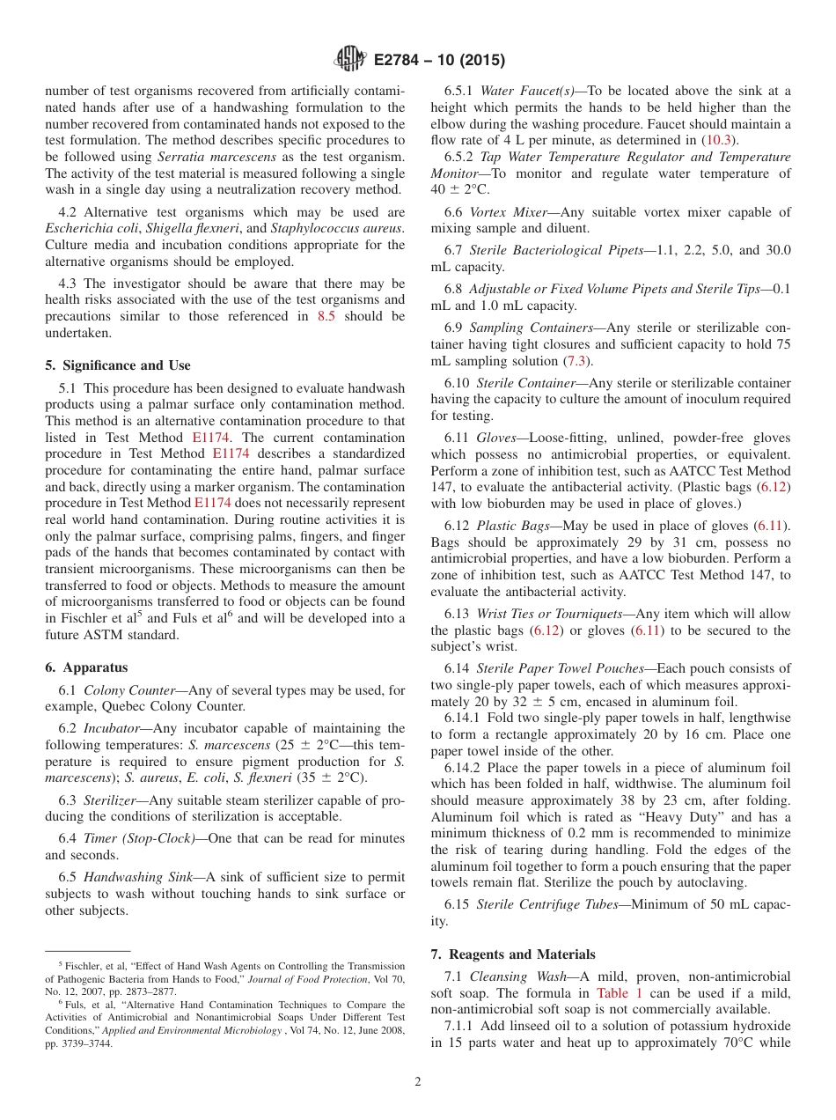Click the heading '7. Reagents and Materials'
coord(513,954)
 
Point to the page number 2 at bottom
coord(418,1082)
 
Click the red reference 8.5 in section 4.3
coord(326,316)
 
